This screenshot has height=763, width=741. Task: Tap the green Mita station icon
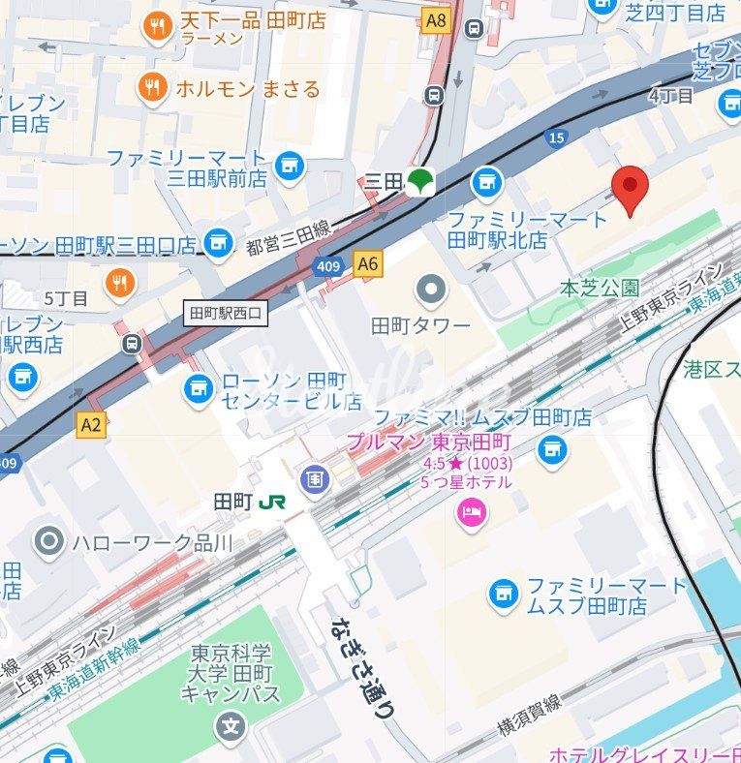(x=419, y=180)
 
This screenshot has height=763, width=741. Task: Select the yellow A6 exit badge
(x=368, y=263)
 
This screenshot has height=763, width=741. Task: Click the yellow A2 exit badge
(x=91, y=424)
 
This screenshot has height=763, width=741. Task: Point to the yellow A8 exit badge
(x=437, y=19)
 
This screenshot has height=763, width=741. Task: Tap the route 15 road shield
(x=556, y=137)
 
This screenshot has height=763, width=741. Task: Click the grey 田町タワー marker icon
(x=431, y=289)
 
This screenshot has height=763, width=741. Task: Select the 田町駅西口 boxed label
(x=226, y=313)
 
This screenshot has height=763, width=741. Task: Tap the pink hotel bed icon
(x=472, y=511)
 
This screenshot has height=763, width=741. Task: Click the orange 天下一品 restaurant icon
(x=157, y=27)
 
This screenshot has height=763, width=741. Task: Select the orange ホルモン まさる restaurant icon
(x=152, y=88)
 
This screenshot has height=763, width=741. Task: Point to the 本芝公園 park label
(x=600, y=288)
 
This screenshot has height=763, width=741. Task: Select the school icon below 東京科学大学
(x=231, y=723)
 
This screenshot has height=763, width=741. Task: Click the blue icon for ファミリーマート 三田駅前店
(x=289, y=167)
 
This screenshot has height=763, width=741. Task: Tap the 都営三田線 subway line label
(x=289, y=229)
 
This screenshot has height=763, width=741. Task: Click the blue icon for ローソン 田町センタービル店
(x=200, y=389)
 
